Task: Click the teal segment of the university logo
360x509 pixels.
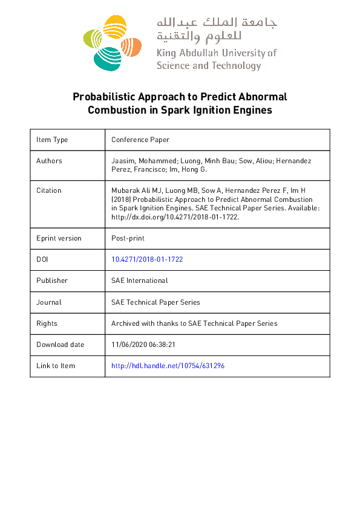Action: [x=107, y=58]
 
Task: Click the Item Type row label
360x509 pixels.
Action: [x=52, y=140]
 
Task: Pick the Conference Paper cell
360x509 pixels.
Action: [x=140, y=140]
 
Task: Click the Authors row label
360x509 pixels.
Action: [x=49, y=161]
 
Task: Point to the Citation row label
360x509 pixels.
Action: [x=49, y=190]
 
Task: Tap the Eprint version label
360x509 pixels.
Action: [x=59, y=238]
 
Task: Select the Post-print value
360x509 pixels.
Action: [x=128, y=238]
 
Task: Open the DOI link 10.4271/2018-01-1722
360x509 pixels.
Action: [x=147, y=259]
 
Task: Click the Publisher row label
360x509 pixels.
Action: [x=52, y=280]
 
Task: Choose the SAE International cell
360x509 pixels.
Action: [x=140, y=280]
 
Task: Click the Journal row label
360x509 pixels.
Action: [x=48, y=302]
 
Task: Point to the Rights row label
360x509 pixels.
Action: [x=47, y=323]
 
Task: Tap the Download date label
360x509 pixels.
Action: [x=61, y=345]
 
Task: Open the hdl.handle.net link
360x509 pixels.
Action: [x=168, y=366]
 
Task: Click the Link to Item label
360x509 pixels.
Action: [x=56, y=366]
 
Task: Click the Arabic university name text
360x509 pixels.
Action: [x=217, y=29]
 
